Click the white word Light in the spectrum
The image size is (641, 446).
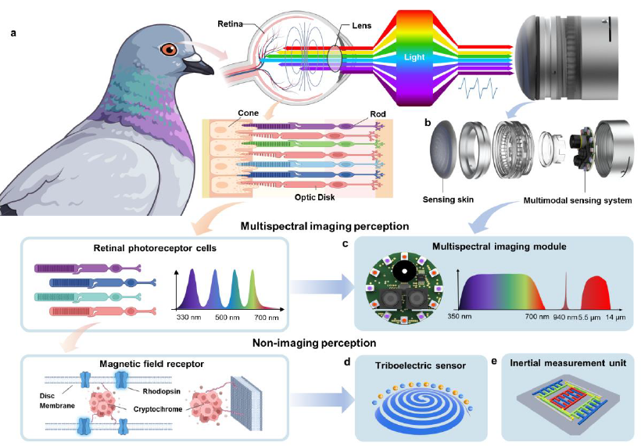416,57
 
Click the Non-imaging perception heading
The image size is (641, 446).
299,342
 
